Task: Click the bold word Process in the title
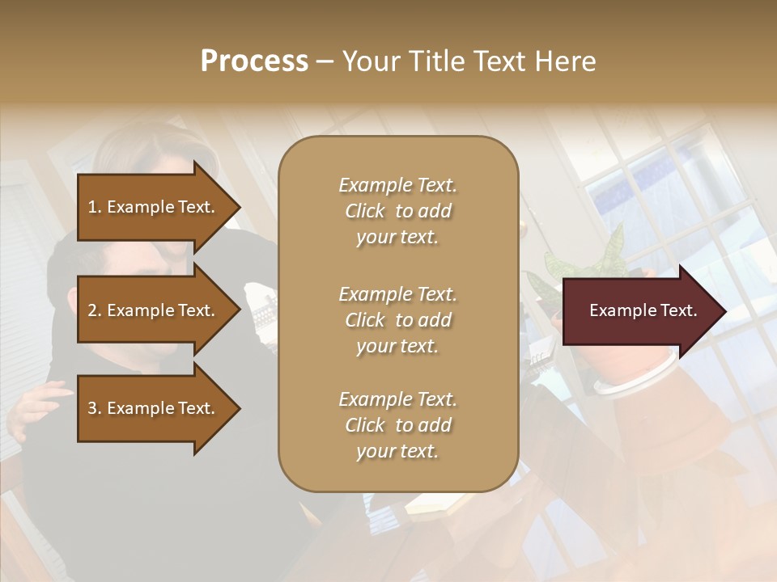tap(254, 61)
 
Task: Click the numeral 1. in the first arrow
tap(95, 207)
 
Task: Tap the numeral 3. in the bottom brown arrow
tap(95, 408)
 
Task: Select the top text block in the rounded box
tap(397, 211)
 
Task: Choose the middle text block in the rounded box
tap(397, 320)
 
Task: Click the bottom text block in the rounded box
tap(397, 425)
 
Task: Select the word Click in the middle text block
tap(365, 320)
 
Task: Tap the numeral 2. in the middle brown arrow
tap(95, 310)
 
